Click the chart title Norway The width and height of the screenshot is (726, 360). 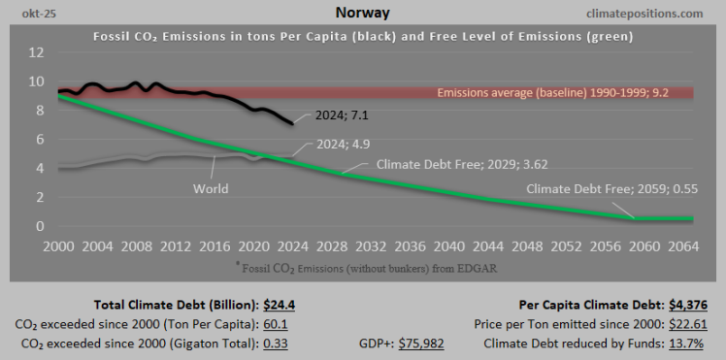pyautogui.click(x=363, y=13)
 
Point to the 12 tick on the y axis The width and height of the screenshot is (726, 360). pyautogui.click(x=36, y=51)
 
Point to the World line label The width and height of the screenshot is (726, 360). pyautogui.click(x=210, y=188)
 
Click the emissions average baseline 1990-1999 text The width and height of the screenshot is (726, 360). pyautogui.click(x=553, y=93)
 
